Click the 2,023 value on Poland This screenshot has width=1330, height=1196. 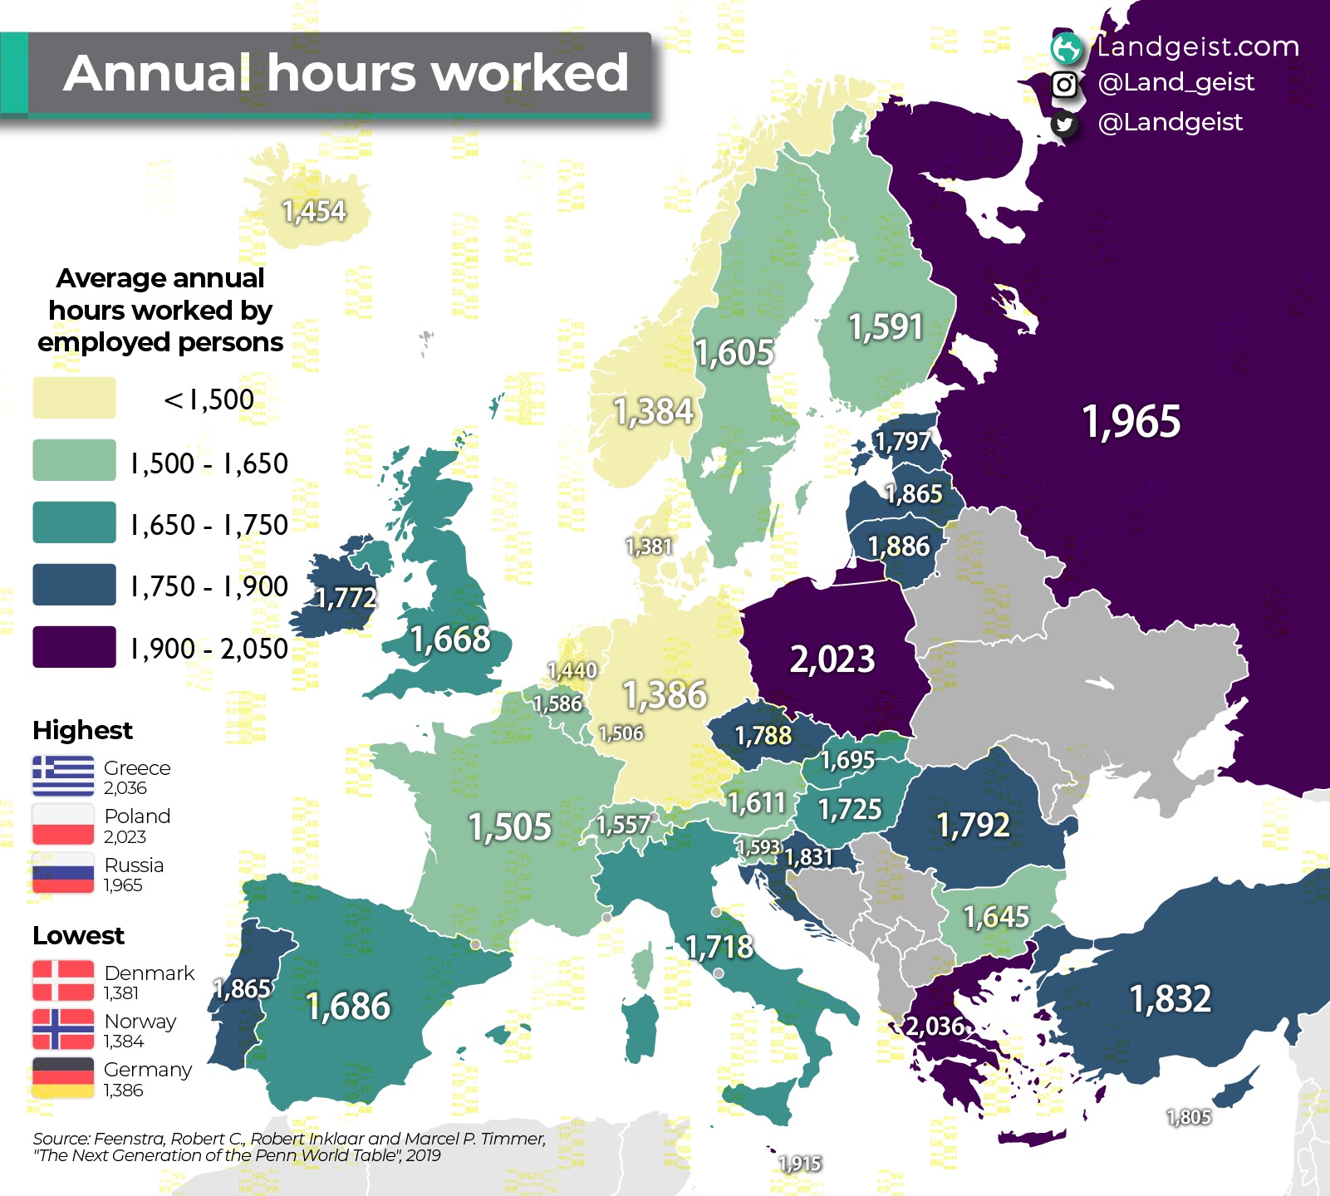832,659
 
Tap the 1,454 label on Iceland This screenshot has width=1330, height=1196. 313,211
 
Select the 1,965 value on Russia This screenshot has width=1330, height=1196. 1131,421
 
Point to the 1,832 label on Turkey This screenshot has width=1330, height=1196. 1170,998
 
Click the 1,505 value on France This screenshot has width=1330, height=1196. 509,826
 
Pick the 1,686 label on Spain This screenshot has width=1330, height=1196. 348,1006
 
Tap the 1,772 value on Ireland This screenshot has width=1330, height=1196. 346,597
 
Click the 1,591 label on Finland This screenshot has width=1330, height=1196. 886,326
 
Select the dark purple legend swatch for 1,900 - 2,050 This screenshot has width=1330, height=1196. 74,647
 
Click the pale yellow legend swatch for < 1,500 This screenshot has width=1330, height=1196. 74,398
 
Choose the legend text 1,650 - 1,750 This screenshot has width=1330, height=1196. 209,525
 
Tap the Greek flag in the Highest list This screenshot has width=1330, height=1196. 63,776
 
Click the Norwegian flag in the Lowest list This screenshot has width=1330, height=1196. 63,1029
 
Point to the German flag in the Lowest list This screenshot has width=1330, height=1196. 63,1078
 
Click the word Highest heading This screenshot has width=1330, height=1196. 82,730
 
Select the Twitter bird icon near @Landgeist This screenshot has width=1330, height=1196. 1064,124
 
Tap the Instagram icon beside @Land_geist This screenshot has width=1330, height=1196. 1064,84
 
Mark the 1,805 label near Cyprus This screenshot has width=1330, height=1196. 1189,1117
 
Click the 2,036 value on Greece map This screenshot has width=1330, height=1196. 935,1027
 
